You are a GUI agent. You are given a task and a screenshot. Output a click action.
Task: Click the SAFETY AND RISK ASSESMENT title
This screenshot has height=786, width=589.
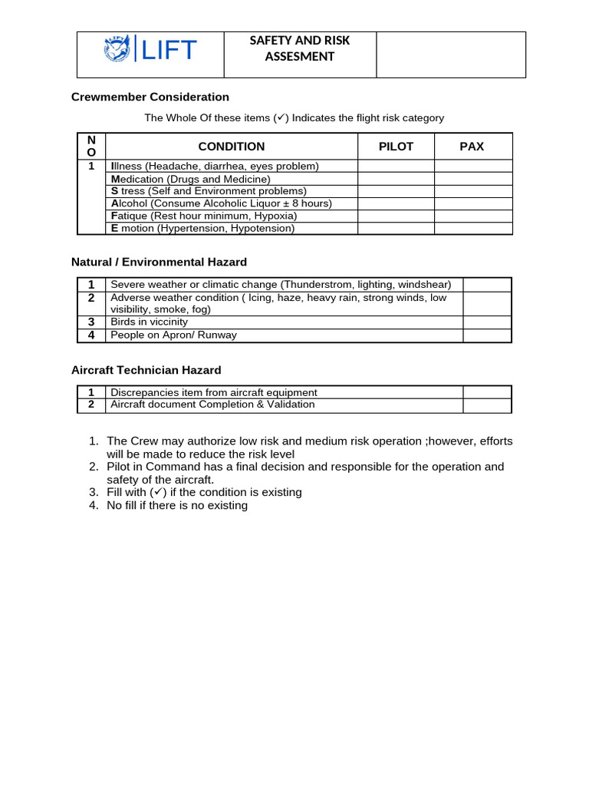pos(299,48)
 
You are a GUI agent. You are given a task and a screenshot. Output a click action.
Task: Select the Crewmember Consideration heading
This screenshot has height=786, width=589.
pos(150,97)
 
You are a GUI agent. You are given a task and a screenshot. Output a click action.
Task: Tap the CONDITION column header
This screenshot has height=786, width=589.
pos(231,147)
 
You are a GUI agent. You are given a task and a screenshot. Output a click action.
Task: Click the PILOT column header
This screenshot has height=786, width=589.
pos(396,147)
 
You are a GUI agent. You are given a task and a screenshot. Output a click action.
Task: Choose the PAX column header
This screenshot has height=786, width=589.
pos(472,147)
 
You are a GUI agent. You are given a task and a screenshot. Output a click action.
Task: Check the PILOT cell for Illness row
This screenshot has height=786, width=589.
pos(396,166)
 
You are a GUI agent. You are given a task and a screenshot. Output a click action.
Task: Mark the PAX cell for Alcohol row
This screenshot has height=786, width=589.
pos(473,203)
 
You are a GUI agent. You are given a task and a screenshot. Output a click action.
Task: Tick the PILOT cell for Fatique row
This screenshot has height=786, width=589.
pos(396,216)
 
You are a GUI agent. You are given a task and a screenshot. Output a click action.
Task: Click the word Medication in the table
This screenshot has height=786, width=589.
pos(137,179)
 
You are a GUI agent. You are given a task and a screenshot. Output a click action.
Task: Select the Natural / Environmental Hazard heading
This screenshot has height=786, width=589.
pos(159,262)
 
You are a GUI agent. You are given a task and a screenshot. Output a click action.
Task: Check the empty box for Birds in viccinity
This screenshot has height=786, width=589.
pos(487,322)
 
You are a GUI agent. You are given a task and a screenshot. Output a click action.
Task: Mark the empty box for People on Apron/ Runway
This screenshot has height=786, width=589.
pos(487,335)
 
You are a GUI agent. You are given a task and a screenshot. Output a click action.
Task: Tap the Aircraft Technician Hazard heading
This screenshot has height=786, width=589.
pos(146,370)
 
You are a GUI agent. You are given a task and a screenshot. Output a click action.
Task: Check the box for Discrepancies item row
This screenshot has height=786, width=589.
pos(487,392)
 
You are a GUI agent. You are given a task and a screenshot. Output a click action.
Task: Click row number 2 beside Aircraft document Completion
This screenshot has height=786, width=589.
pos(91,405)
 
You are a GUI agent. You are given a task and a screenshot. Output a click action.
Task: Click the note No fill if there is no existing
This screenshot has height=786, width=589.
pos(177,505)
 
